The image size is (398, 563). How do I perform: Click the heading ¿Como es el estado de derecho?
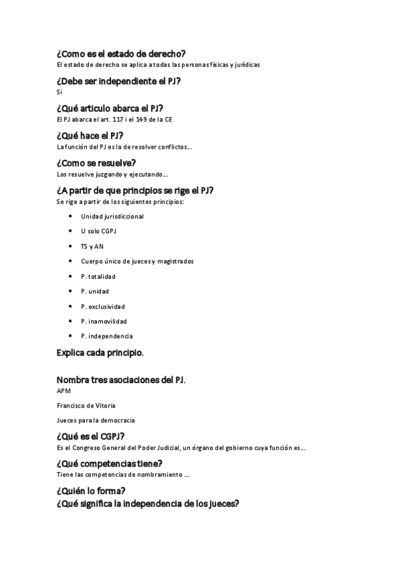(x=121, y=54)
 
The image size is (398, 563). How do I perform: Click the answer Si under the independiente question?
(x=59, y=92)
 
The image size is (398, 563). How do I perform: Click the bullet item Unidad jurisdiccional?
(x=112, y=216)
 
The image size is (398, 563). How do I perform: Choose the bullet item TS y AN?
(x=92, y=246)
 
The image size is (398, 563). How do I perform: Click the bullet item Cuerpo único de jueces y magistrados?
(x=137, y=262)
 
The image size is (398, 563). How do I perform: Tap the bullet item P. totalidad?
(x=98, y=276)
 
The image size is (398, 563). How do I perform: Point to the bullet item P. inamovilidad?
(x=104, y=321)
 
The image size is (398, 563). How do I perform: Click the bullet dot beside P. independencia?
(x=71, y=336)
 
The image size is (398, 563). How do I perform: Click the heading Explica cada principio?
(x=100, y=353)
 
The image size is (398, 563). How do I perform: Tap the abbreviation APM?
(x=64, y=391)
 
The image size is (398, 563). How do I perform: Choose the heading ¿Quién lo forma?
(x=91, y=491)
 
